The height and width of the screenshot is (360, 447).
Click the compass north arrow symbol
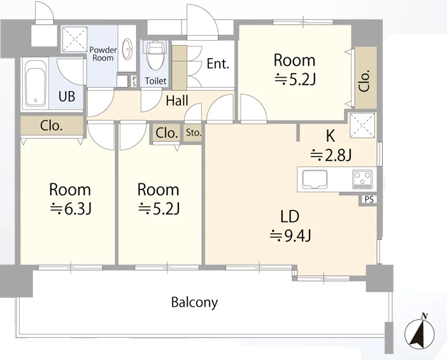pyautogui.click(x=420, y=331)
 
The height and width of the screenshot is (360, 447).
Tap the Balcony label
pyautogui.click(x=194, y=302)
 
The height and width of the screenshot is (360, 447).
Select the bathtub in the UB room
pyautogui.click(x=36, y=85)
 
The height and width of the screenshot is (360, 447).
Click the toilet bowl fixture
pyautogui.click(x=155, y=55)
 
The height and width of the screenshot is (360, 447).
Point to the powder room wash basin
pyautogui.click(x=127, y=48)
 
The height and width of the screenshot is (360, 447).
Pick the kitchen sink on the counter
pyautogui.click(x=315, y=179)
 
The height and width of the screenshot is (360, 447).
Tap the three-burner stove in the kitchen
pyautogui.click(x=362, y=179)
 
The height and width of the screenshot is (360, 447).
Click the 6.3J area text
pyautogui.click(x=71, y=209)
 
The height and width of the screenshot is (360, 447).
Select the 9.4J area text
pyautogui.click(x=290, y=235)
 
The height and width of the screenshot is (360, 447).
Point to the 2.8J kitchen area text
pyautogui.click(x=330, y=155)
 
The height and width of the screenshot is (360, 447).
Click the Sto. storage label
pyautogui.click(x=194, y=132)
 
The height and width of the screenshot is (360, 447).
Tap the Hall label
pyautogui.click(x=177, y=100)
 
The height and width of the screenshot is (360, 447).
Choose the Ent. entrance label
pyautogui.click(x=218, y=64)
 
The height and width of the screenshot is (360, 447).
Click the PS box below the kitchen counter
pyautogui.click(x=369, y=199)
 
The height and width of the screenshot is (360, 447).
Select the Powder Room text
pyautogui.click(x=103, y=54)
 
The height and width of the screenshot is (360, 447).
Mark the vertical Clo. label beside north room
pyautogui.click(x=365, y=81)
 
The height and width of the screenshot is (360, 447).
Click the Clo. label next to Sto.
pyautogui.click(x=167, y=133)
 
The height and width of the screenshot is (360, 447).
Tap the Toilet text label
pyautogui.click(x=155, y=81)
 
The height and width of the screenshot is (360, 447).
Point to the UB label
pyautogui.click(x=67, y=97)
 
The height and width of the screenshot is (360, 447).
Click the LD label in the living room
pyautogui.click(x=290, y=216)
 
